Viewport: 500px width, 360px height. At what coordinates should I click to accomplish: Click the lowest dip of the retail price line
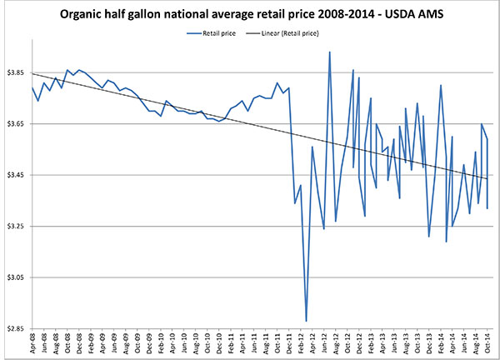pos(307,321)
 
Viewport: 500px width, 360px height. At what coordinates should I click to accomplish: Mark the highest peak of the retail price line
pos(330,52)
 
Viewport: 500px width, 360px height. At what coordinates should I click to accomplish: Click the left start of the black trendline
pos(32,73)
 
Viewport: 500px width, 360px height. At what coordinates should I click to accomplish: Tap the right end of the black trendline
pos(487,178)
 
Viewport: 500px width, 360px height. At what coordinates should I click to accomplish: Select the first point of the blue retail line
pos(32,87)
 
